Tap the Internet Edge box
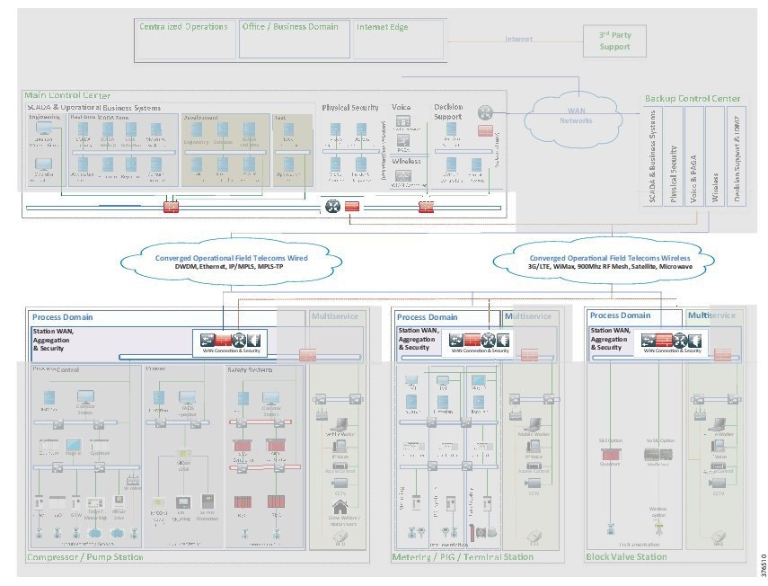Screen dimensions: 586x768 pos(398,39)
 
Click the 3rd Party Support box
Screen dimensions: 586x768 pos(614,40)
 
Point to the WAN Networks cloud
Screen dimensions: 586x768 pos(576,115)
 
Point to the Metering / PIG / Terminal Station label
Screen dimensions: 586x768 pos(463,557)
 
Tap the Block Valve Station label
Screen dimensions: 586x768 pos(626,557)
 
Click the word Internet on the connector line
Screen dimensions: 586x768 pos(518,39)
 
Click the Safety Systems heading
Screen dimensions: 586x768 pos(250,369)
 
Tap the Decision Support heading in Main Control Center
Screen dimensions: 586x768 pos(448,111)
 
